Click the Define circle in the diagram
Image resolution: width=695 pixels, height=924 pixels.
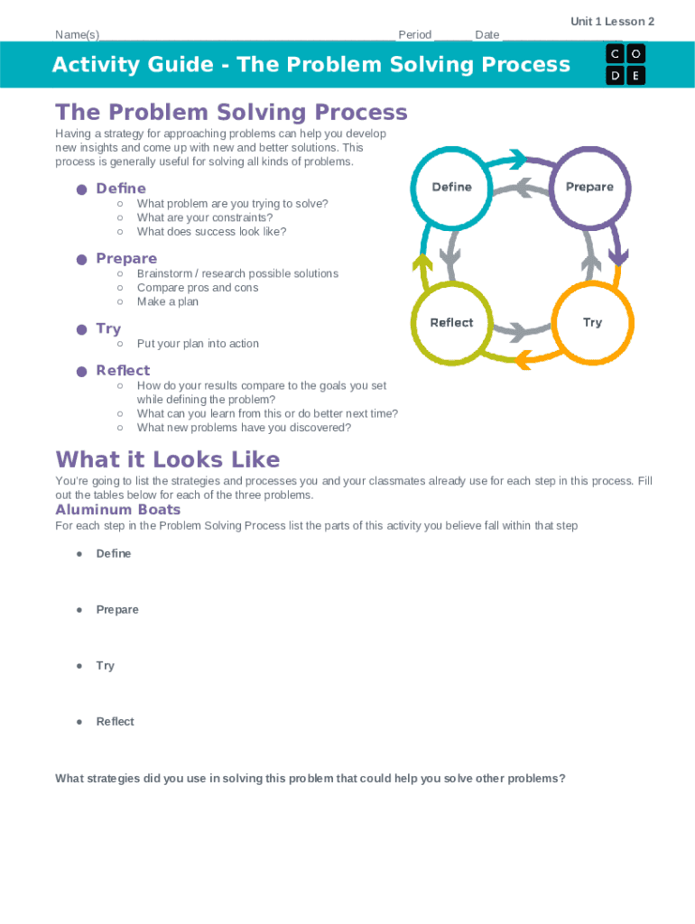452,188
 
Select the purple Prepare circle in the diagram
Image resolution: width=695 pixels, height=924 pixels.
589,188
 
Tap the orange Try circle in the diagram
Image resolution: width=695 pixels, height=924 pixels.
592,323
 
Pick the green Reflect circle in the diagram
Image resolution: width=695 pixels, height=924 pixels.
451,323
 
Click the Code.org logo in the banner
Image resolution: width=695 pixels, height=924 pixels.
625,64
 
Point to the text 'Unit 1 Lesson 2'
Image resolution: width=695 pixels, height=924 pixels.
612,22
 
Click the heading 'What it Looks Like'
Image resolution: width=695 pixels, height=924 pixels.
168,459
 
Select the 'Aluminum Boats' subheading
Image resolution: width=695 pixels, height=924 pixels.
118,510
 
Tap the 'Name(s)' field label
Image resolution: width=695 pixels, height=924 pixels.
77,35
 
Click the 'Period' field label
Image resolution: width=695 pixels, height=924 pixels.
415,35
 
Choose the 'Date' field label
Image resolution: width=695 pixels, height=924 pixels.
486,35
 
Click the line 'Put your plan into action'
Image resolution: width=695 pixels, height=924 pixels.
198,344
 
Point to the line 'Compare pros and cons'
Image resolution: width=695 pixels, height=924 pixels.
198,288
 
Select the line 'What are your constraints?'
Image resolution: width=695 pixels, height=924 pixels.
205,217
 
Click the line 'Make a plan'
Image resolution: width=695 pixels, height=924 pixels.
168,301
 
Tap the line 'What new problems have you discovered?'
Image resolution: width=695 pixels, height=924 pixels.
244,428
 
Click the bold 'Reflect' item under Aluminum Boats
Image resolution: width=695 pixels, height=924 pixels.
115,722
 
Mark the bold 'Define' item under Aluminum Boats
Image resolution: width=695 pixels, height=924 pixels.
114,554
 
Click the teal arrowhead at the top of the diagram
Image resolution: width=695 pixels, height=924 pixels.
517,161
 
